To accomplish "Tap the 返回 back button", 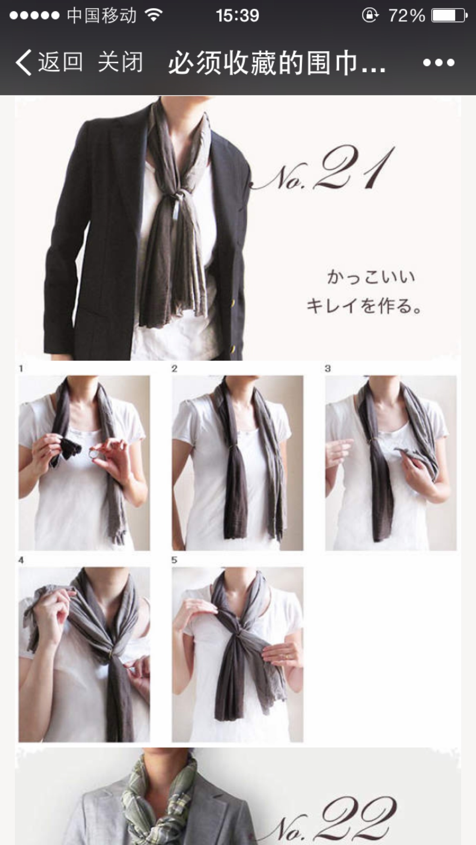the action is point(49,62).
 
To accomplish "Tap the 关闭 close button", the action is point(120,62).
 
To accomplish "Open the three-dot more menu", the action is point(439,63).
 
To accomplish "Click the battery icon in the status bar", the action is point(449,16).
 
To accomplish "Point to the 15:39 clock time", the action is point(237,16).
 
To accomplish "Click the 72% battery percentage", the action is point(407,16).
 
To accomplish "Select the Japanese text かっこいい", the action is point(371,277).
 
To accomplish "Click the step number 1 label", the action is point(21,369).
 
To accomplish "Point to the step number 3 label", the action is point(328,369).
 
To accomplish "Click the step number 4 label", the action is point(21,560).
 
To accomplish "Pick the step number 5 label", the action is point(174,560).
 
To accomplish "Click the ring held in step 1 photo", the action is point(91,453).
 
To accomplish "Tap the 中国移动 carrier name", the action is point(102,16).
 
